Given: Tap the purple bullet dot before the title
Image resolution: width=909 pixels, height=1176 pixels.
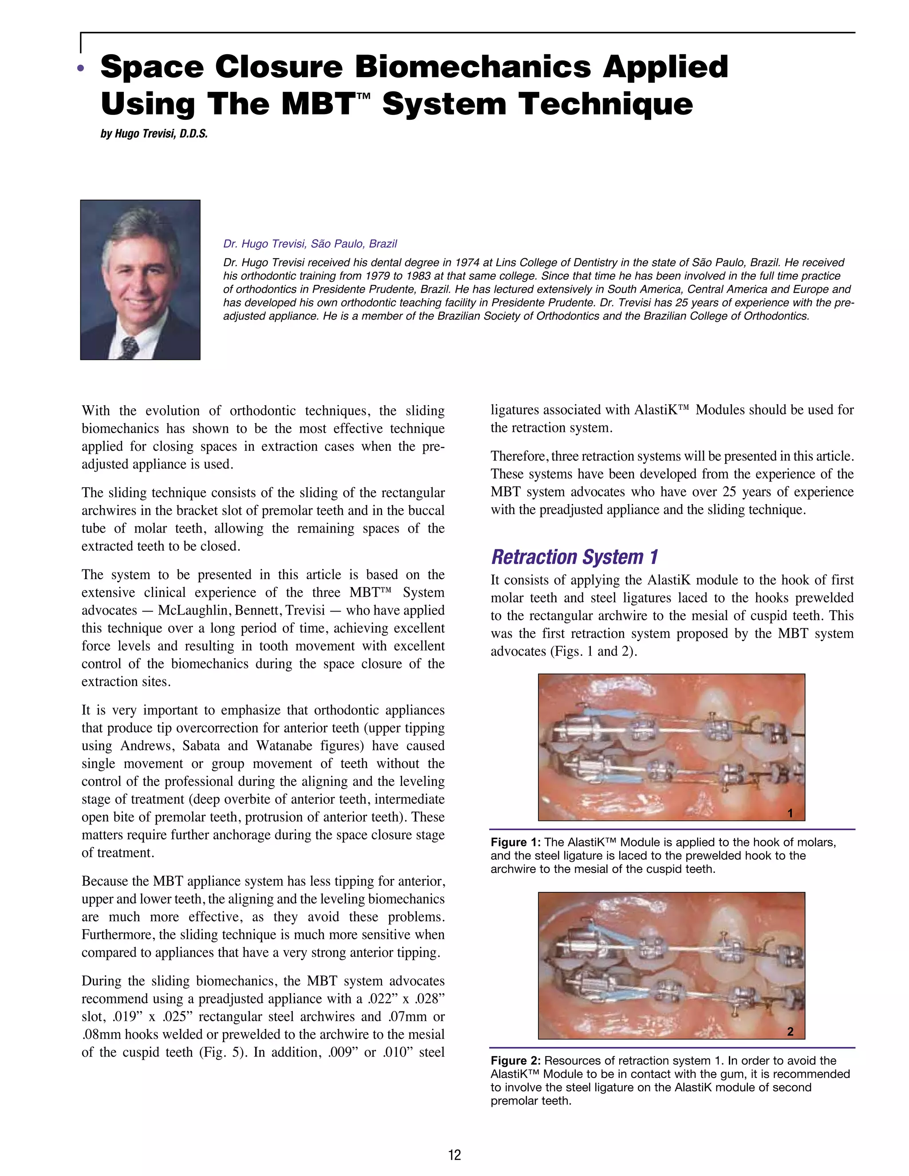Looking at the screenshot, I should [81, 68].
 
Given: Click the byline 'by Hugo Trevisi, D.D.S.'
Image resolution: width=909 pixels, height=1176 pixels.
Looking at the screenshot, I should [154, 134].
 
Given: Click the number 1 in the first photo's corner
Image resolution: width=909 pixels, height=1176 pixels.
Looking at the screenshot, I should [790, 813].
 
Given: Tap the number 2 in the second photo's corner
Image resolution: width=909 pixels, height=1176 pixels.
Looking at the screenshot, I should [790, 1032].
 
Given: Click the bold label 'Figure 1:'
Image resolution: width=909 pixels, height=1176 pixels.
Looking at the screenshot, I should [515, 843].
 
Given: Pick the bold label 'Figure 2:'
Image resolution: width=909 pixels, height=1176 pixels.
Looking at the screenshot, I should [515, 1061].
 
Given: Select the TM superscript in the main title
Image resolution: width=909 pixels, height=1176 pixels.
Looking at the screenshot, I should [364, 96].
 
